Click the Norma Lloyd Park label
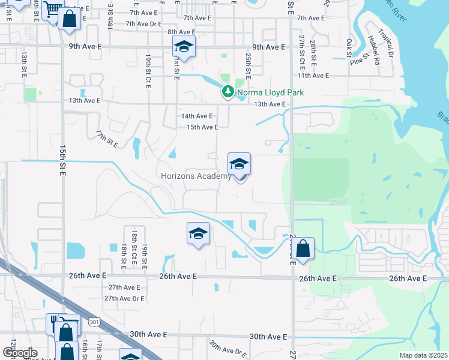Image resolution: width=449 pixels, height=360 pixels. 270,92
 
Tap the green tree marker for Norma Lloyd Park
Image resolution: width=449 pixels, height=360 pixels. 228,92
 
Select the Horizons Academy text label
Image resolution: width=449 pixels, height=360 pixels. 196,176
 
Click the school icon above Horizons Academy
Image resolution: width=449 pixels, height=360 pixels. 239,164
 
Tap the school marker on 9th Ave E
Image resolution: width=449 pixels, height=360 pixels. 184,47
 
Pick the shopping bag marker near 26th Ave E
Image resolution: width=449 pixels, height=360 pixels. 304,249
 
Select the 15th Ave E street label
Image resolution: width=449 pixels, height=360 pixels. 202,127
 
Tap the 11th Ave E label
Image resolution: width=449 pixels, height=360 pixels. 313,76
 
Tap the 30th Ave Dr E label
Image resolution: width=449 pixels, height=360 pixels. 228,348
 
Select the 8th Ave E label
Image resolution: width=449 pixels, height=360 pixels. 181,32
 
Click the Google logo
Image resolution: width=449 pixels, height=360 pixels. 20,353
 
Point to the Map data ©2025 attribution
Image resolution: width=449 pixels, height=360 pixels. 423,355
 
